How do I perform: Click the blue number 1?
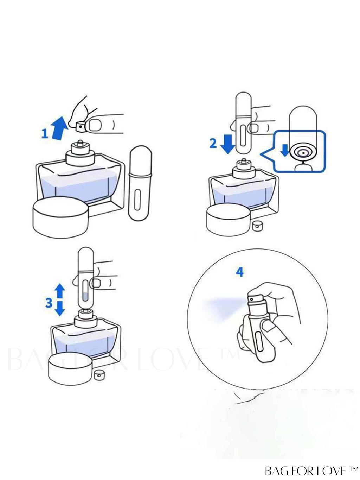click(x=45, y=134)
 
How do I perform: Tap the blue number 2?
click(x=213, y=144)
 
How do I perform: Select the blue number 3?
click(x=49, y=303)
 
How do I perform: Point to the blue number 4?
click(x=240, y=272)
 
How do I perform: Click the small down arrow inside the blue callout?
click(x=285, y=150)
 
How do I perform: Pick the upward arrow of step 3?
click(x=60, y=291)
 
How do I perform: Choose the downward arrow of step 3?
click(x=60, y=309)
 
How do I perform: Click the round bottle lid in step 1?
click(x=60, y=217)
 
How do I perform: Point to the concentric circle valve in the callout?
click(x=304, y=152)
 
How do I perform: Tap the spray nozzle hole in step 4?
click(x=252, y=299)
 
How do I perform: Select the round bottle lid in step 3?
click(x=69, y=370)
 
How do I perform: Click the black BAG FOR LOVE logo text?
click(x=312, y=469)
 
